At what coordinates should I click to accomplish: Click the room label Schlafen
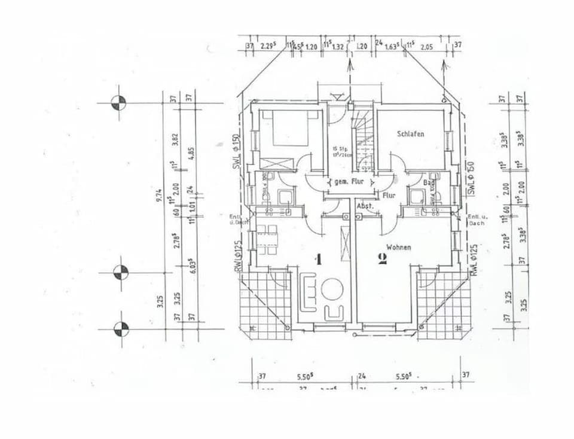410,134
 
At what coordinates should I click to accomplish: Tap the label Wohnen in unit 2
398,246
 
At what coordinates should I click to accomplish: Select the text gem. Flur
349,181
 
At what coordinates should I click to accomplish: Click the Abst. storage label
365,206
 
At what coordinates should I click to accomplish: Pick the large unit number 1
319,259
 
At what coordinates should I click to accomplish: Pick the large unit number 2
382,259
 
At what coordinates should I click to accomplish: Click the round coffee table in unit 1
331,289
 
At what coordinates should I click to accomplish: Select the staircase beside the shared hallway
362,138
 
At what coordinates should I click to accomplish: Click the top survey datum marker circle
119,103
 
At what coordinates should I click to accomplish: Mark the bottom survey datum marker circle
121,328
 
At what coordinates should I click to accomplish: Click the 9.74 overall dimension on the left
160,195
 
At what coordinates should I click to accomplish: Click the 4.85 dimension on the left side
191,153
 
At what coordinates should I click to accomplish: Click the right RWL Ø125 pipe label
474,259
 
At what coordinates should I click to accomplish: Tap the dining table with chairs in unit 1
267,239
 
